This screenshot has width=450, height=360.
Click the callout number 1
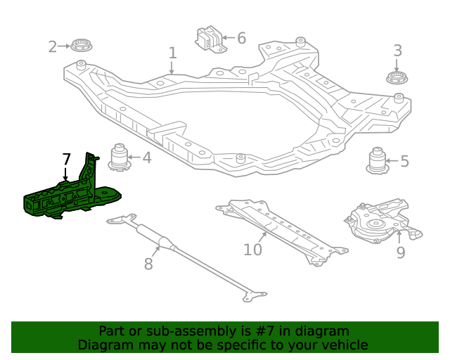point(172,53)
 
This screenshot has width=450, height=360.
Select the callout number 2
point(53,47)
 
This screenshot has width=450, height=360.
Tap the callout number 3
point(397,51)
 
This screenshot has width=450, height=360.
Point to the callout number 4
point(146,157)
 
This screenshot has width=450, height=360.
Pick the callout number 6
point(241,38)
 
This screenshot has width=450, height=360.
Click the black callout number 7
point(66,159)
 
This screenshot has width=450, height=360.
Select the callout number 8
point(148,264)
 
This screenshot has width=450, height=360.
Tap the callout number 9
point(400,252)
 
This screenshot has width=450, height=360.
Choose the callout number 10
point(252,249)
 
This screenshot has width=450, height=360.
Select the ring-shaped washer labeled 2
point(82,47)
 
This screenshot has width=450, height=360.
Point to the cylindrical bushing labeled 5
point(380,161)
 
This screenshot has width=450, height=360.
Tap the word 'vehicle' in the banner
point(342,345)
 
